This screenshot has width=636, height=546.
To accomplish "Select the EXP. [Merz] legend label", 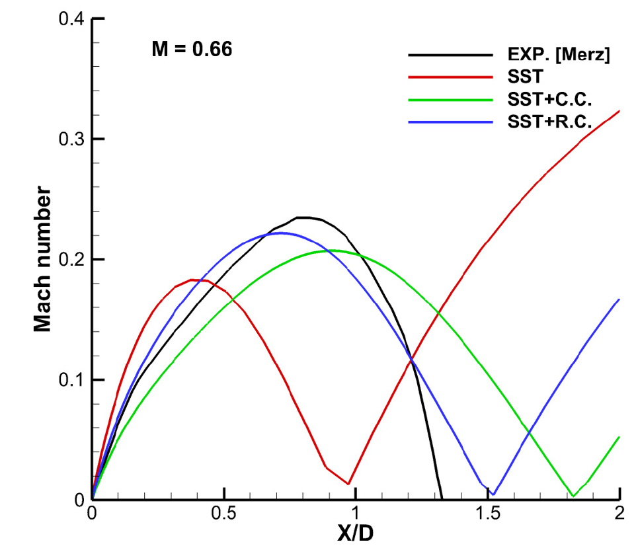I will tap(554, 56).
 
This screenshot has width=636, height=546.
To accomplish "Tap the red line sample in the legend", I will tap(450, 78).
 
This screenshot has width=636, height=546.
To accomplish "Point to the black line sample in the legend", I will tap(450, 56).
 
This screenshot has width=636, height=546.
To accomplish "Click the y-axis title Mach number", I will tap(44, 259).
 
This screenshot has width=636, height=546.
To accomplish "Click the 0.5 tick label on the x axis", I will tap(224, 514).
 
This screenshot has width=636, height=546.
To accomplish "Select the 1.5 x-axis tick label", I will tap(487, 514).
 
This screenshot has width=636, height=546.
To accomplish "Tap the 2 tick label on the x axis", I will tap(619, 514).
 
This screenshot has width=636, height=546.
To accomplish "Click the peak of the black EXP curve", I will tap(305, 217).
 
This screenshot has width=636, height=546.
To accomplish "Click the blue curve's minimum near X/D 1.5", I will tap(493, 494).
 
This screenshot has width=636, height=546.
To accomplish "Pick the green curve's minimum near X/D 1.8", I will tap(573, 496).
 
